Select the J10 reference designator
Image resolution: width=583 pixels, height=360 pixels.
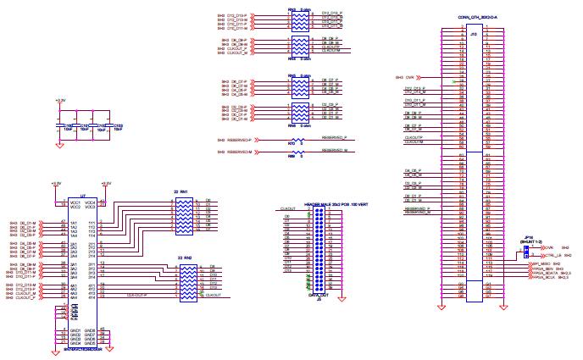pyautogui.click(x=474, y=34)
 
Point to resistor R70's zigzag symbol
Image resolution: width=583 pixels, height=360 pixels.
pyautogui.click(x=297, y=140)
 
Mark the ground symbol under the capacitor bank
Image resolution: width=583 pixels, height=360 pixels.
pyautogui.click(x=59, y=144)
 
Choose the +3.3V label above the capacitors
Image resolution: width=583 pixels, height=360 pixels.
pyautogui.click(x=59, y=101)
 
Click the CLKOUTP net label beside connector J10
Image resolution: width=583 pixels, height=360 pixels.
pyautogui.click(x=414, y=136)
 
